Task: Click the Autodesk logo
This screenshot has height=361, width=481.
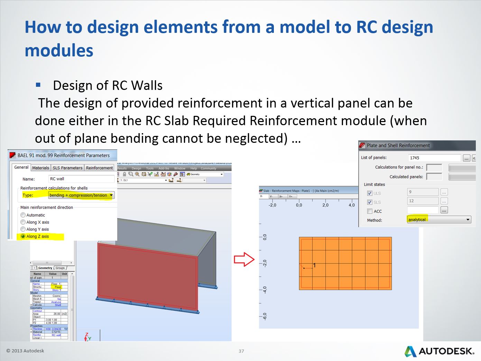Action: [x=440, y=351]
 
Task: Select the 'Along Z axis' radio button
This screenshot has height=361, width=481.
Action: [x=23, y=236]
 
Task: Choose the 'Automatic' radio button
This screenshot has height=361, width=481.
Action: [x=23, y=215]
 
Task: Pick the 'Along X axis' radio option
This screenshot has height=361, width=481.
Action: [x=23, y=222]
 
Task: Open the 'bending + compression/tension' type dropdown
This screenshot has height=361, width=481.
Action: [x=81, y=195]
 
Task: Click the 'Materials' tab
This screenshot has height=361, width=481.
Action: [x=40, y=168]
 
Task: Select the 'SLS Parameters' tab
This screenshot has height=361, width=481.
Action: [x=67, y=168]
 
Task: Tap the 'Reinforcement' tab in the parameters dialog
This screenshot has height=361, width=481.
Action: [x=99, y=168]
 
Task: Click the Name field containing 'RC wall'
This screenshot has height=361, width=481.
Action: [x=81, y=179]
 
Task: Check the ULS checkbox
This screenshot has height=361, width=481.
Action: [x=370, y=193]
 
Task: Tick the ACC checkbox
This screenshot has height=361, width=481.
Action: [x=370, y=211]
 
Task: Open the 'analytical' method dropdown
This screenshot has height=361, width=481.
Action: [x=439, y=220]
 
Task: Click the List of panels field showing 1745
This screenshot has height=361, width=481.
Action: [x=434, y=158]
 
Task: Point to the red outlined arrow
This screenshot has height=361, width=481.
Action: [x=244, y=259]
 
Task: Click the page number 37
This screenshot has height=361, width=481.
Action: [x=241, y=351]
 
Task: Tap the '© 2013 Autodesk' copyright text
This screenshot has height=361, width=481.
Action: [x=25, y=351]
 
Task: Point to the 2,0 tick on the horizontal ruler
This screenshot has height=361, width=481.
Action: [x=325, y=205]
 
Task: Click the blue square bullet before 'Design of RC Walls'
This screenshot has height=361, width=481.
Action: [x=38, y=85]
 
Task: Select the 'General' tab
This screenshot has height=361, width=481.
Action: [x=21, y=167]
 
